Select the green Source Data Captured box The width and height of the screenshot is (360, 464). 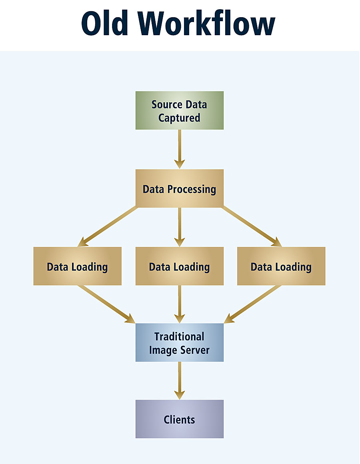(180, 110)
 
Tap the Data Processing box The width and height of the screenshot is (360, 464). (180, 188)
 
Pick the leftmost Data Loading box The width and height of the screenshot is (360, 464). (77, 266)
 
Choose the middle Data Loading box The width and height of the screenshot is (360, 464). (180, 266)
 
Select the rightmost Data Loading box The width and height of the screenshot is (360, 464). (281, 266)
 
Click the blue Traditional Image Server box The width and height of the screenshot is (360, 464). (180, 343)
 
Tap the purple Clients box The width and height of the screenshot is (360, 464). (180, 419)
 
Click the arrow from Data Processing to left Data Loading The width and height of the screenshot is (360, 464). (108, 227)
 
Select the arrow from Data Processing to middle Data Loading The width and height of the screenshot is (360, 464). (180, 226)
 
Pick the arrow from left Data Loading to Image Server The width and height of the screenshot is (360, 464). (106, 304)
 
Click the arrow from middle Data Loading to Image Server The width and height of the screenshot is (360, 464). (180, 304)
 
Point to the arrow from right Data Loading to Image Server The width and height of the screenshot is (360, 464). (253, 304)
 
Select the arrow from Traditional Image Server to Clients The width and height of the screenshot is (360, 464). (180, 380)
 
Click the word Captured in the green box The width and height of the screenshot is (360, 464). (179, 118)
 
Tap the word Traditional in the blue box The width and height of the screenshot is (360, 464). (179, 336)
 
